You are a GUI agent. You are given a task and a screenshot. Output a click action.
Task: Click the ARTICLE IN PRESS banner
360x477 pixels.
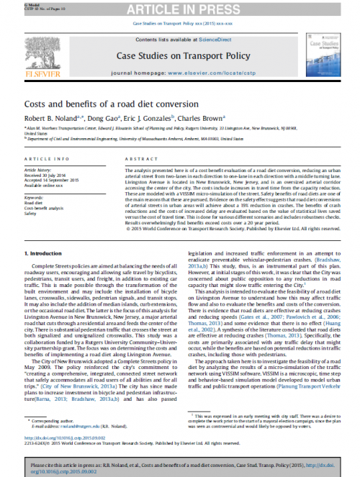(x=180, y=9)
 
